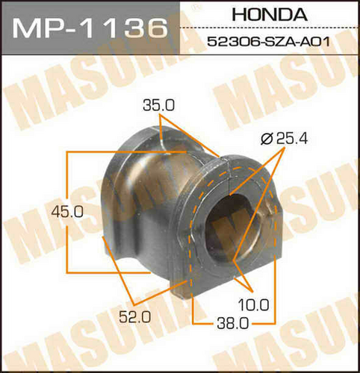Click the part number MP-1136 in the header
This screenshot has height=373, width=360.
(x=90, y=28)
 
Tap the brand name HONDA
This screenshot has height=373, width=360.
(x=270, y=14)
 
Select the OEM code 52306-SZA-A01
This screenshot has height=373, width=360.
(x=269, y=42)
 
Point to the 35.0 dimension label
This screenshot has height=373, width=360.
(x=159, y=105)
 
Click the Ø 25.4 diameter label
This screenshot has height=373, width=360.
(x=284, y=138)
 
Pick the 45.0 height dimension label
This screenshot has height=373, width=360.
(x=67, y=212)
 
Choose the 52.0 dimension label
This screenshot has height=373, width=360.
(x=135, y=317)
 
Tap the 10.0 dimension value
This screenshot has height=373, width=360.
(x=254, y=305)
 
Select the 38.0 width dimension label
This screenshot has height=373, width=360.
(x=233, y=324)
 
